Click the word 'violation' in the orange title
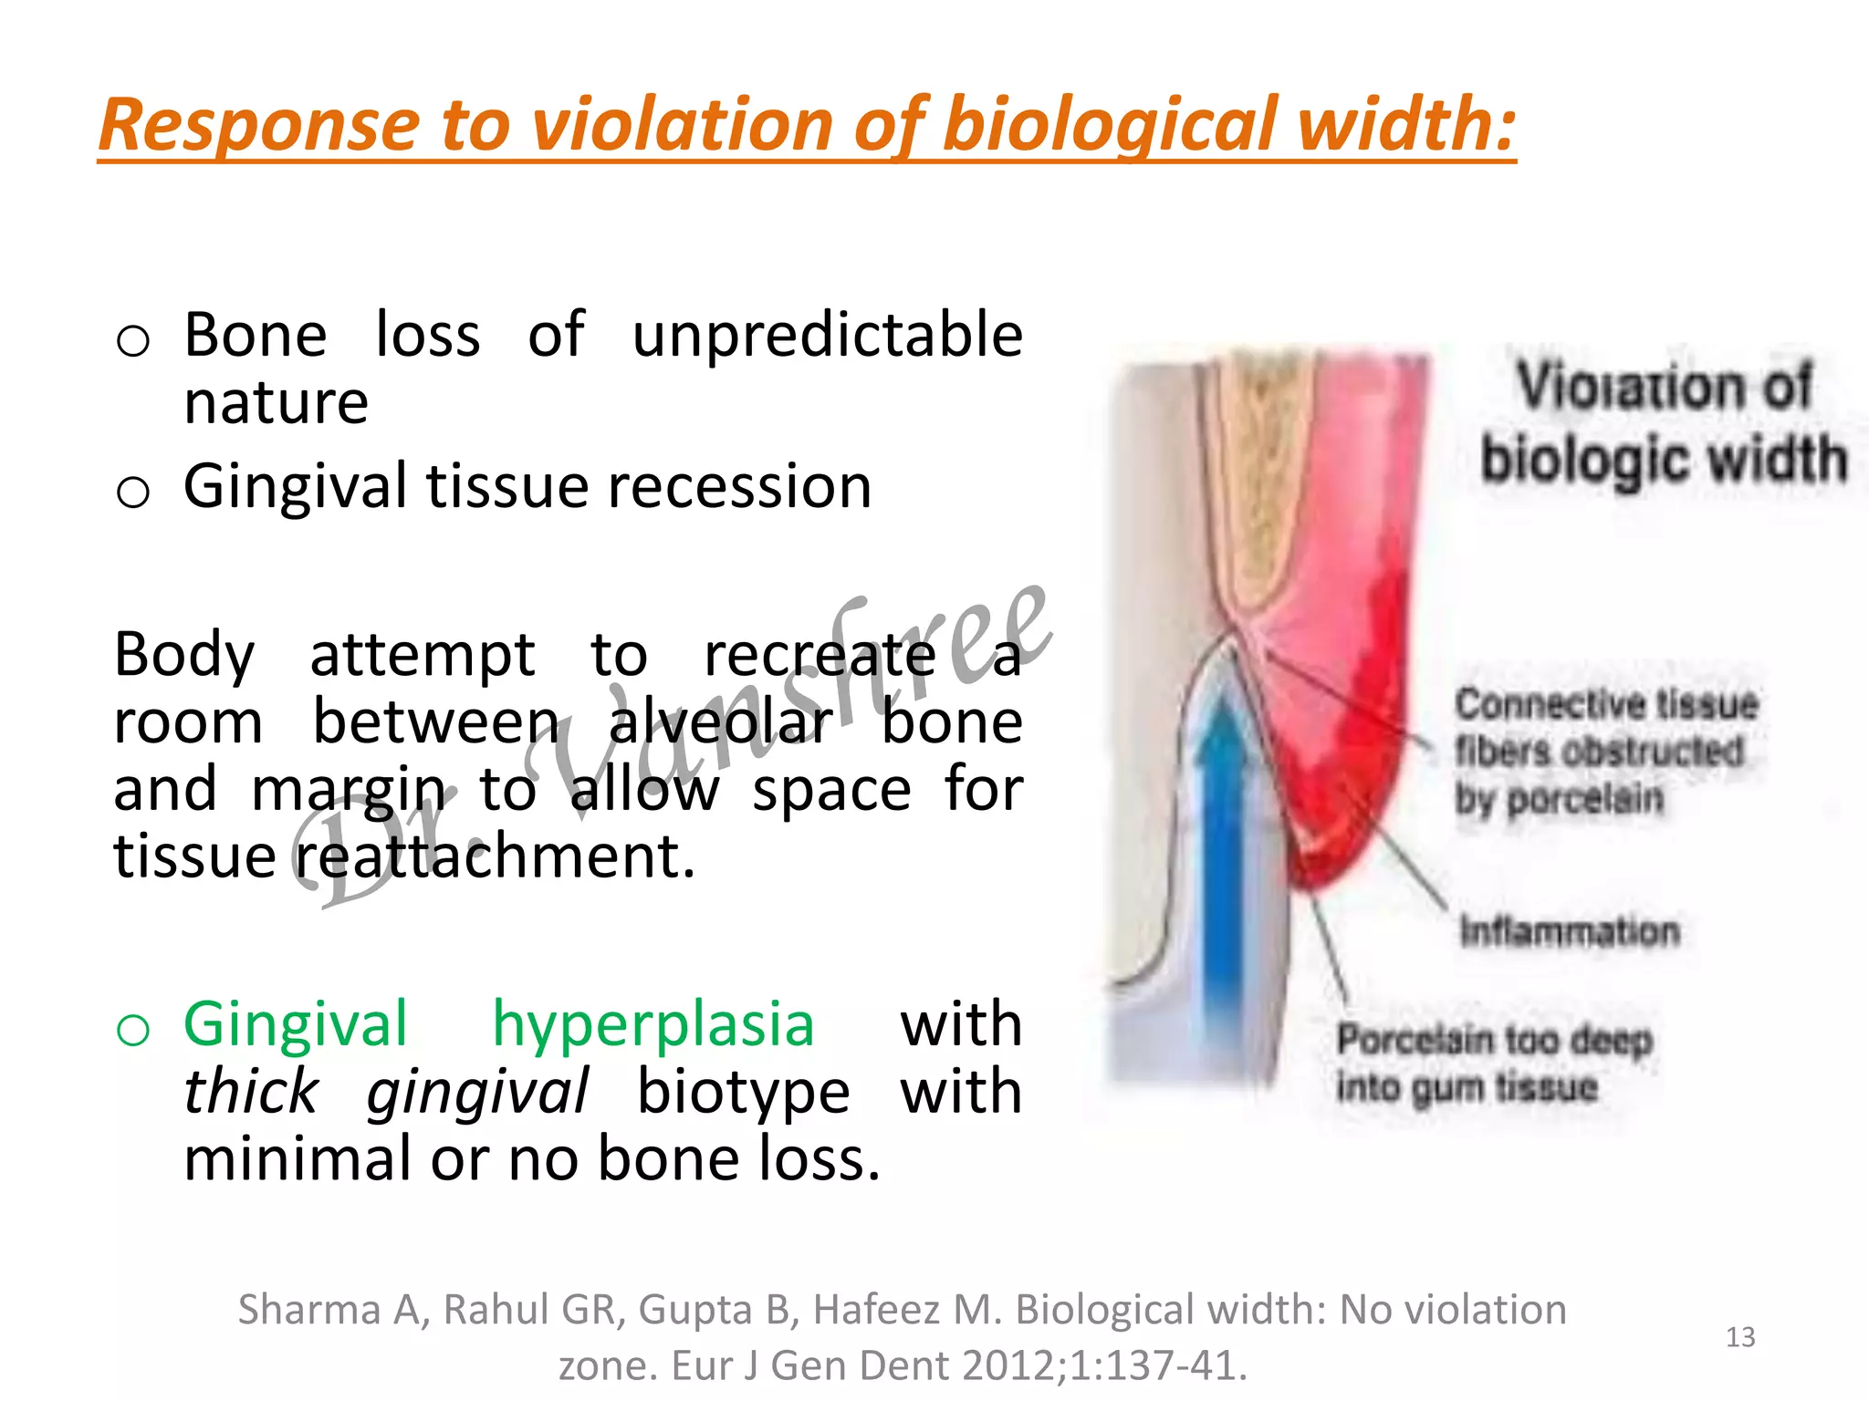684,125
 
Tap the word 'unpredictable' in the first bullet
827,336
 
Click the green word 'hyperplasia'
653,1025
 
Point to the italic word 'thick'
251,1092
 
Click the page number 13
1740,1337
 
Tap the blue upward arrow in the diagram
1220,848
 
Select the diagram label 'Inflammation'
1569,931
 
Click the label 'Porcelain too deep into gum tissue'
1494,1064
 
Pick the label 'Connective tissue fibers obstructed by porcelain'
1605,751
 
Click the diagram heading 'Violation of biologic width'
1663,422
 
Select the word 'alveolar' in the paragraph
720,722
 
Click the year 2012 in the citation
1008,1366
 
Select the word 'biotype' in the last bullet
743,1092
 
